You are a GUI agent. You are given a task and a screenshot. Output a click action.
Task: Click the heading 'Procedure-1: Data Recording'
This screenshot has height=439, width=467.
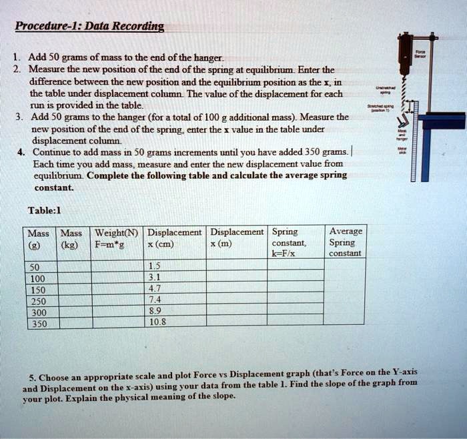pos(90,27)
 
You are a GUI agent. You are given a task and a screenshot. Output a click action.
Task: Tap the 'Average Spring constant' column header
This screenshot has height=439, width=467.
pos(346,242)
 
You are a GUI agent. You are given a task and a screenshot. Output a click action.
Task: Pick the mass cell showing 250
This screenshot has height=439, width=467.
pos(37,301)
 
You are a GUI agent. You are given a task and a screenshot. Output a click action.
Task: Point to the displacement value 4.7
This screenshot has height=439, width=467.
pos(154,289)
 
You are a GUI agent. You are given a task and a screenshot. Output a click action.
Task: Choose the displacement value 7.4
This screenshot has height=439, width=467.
pos(154,301)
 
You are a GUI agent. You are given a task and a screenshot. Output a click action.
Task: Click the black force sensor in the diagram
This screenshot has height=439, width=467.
pos(405,53)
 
